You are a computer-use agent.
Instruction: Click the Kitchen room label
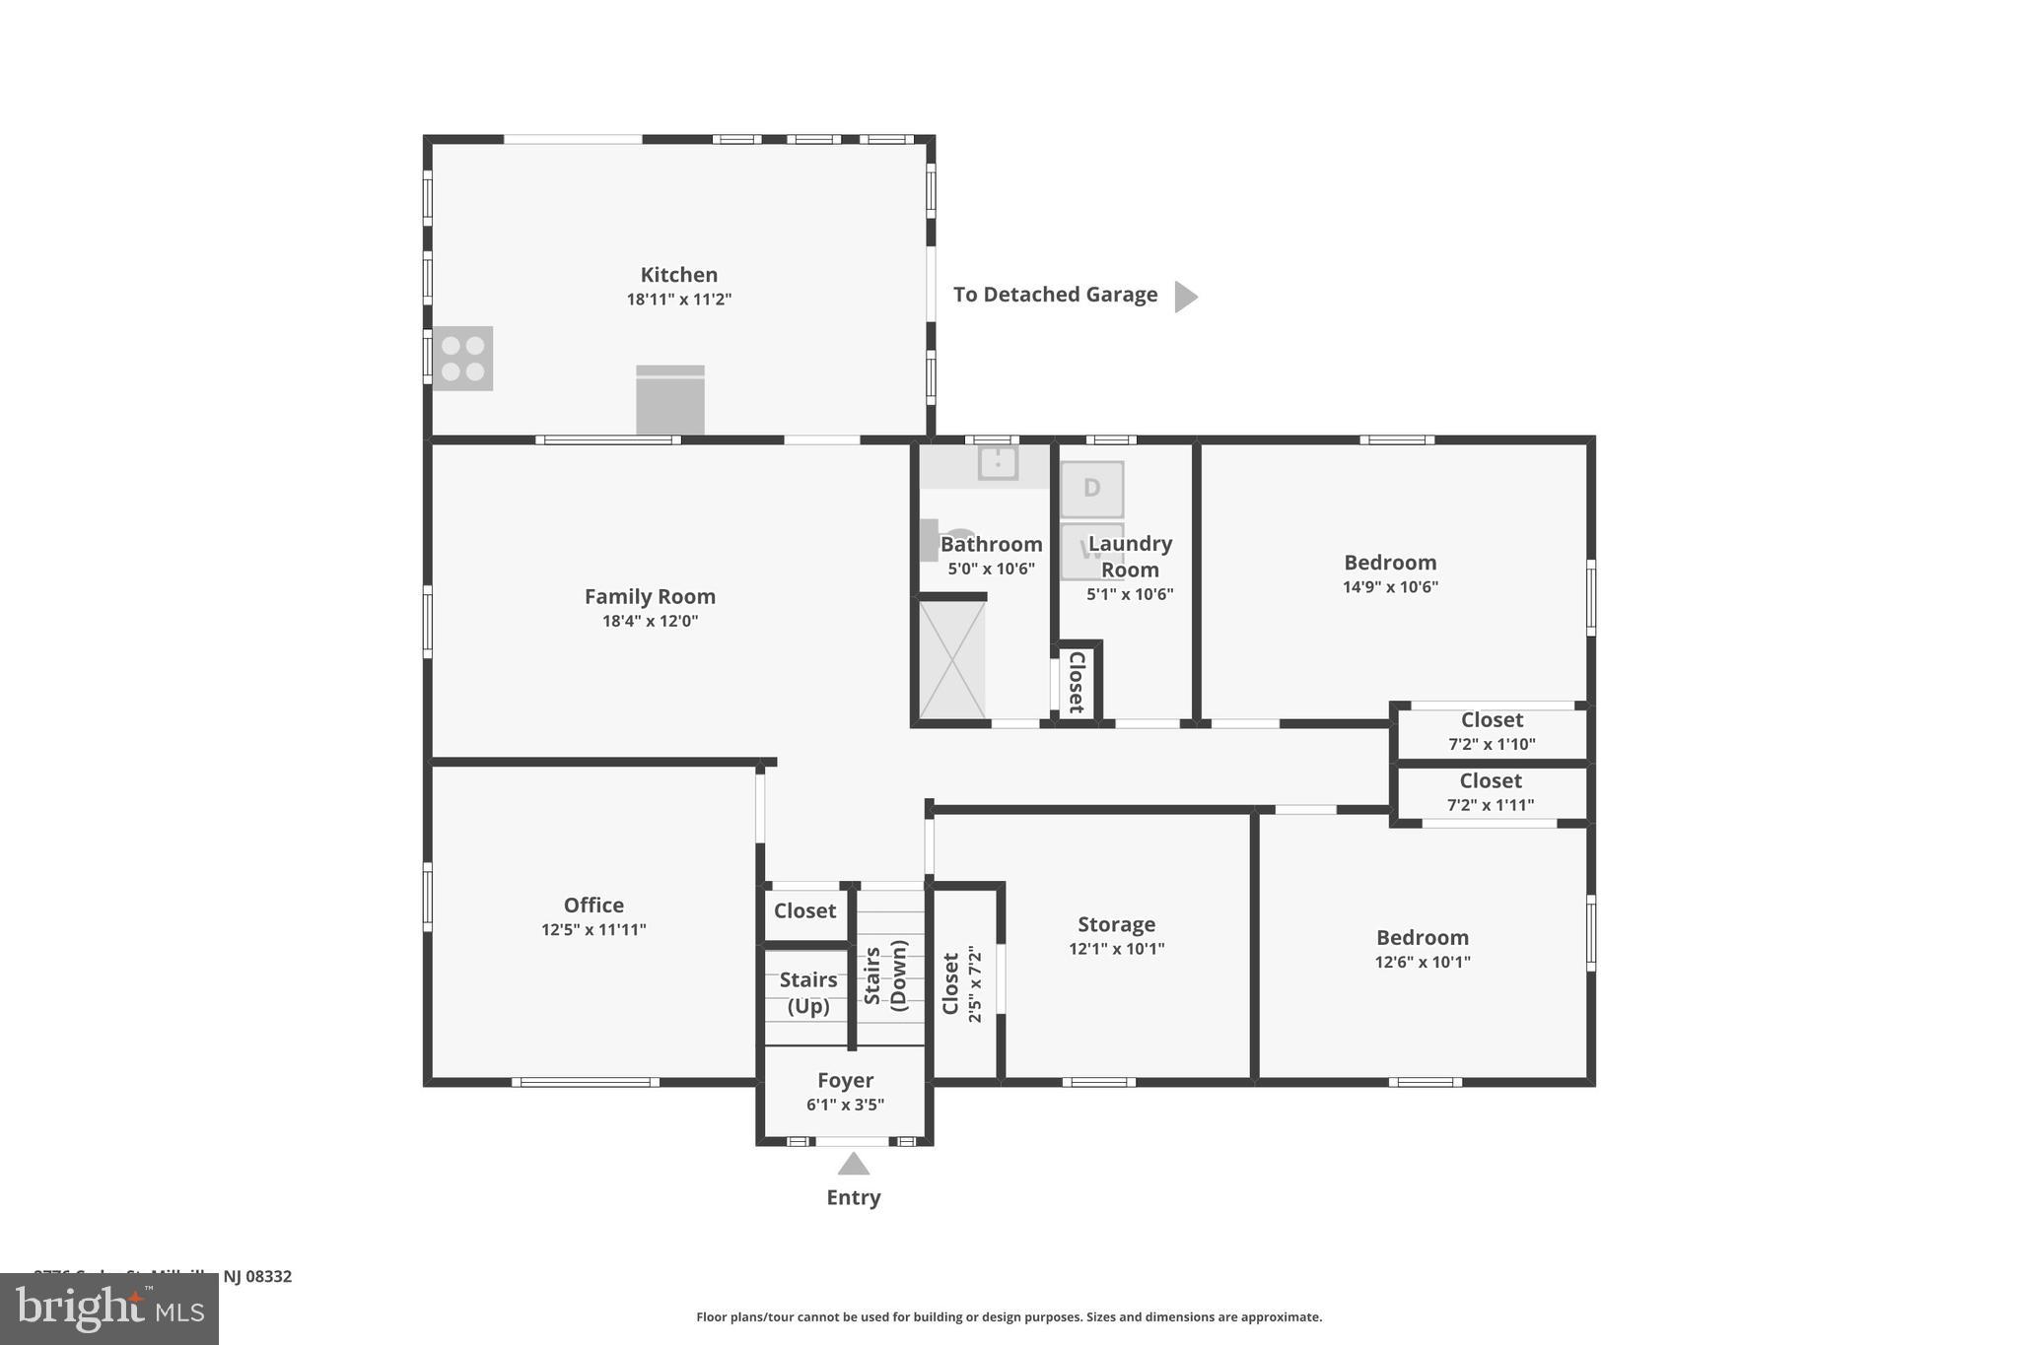click(x=678, y=275)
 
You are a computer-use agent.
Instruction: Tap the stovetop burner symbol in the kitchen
click(x=462, y=359)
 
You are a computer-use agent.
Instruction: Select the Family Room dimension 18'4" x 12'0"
click(x=650, y=621)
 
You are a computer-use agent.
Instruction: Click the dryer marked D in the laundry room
click(x=1091, y=489)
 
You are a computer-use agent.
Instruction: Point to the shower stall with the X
click(x=951, y=659)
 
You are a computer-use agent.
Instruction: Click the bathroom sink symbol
click(x=998, y=461)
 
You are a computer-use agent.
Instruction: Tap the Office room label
click(x=593, y=905)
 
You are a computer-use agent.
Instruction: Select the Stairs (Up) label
click(x=807, y=992)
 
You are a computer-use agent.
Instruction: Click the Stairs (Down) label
click(x=885, y=975)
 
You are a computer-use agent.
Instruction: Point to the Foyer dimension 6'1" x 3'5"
click(x=845, y=1105)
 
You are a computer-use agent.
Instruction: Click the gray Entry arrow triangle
click(x=854, y=1165)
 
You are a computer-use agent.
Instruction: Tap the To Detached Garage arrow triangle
click(x=1185, y=296)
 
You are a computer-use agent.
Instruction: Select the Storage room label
click(x=1116, y=924)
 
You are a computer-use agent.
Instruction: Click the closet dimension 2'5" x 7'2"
click(x=975, y=983)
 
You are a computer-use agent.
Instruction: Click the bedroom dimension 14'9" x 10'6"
click(x=1390, y=587)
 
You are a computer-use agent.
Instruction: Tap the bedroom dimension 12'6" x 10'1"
click(x=1422, y=962)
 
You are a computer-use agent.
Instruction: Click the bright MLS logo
click(x=109, y=1309)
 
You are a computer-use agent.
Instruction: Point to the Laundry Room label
click(x=1130, y=556)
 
